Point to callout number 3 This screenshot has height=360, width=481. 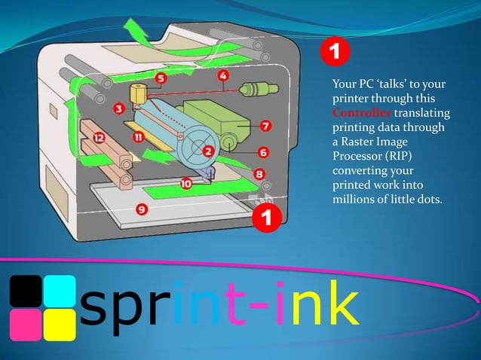click(120, 108)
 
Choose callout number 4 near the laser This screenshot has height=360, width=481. click(224, 75)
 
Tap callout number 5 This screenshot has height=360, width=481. click(161, 78)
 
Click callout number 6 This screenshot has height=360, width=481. click(263, 152)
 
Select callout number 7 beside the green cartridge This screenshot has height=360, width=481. click(267, 124)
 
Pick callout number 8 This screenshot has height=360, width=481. click(259, 173)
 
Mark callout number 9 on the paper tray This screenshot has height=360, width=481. click(141, 207)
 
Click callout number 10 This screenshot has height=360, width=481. click(185, 182)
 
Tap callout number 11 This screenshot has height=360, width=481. click(138, 138)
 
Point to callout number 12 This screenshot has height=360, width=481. click(99, 138)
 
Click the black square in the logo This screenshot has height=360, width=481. click(24, 290)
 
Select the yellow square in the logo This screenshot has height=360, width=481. click(59, 324)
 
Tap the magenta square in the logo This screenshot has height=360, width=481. click(24, 324)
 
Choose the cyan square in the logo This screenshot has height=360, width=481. click(59, 290)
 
